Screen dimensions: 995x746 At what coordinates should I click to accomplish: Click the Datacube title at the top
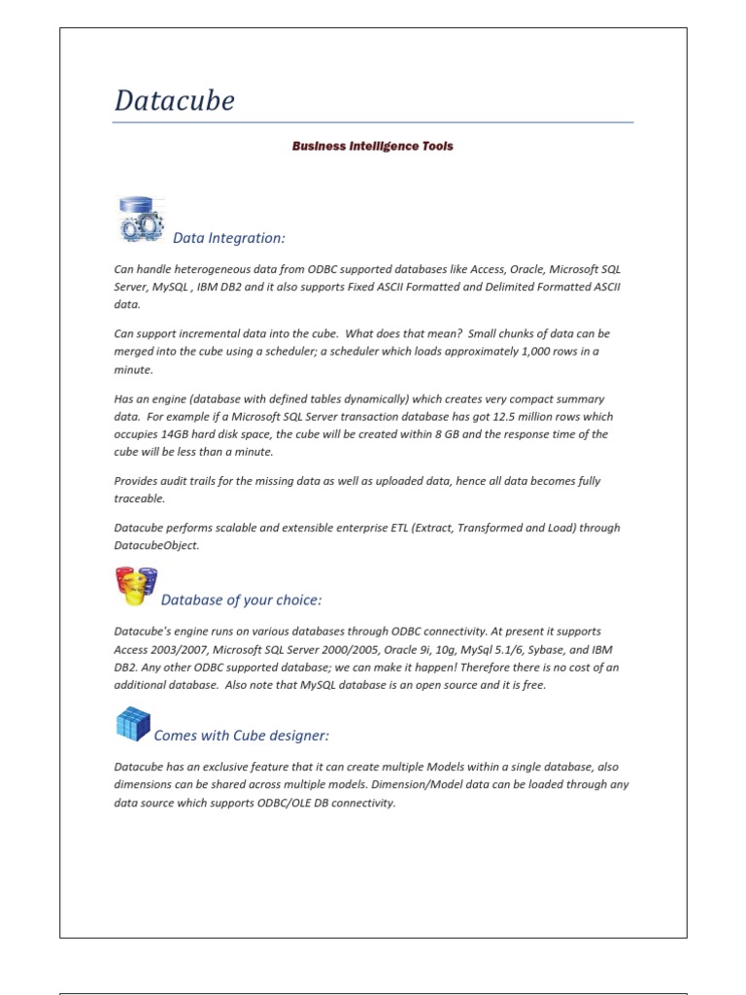175,101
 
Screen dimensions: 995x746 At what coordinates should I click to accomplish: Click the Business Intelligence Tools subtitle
373,147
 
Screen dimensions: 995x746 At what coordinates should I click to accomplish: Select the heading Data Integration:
229,238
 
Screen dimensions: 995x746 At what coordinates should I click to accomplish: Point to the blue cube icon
133,725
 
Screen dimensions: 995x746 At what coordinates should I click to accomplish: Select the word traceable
139,498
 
